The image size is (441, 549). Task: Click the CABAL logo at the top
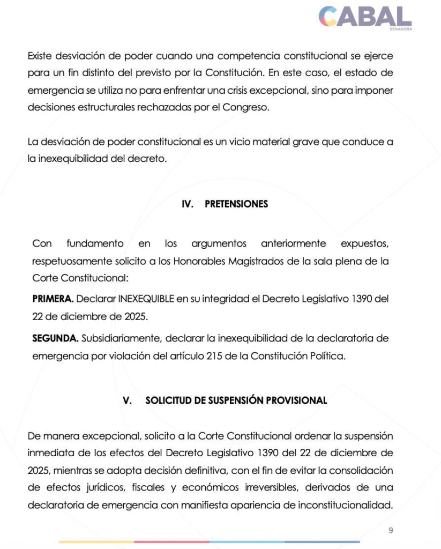[x=365, y=17]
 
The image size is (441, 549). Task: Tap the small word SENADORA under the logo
[x=401, y=29]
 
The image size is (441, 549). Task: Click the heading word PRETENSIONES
[x=236, y=204]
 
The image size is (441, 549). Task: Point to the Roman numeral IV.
[x=188, y=204]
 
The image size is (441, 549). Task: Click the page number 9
[x=391, y=530]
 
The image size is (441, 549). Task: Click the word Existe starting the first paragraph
[x=40, y=55]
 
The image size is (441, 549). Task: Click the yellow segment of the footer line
[x=96, y=541]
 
